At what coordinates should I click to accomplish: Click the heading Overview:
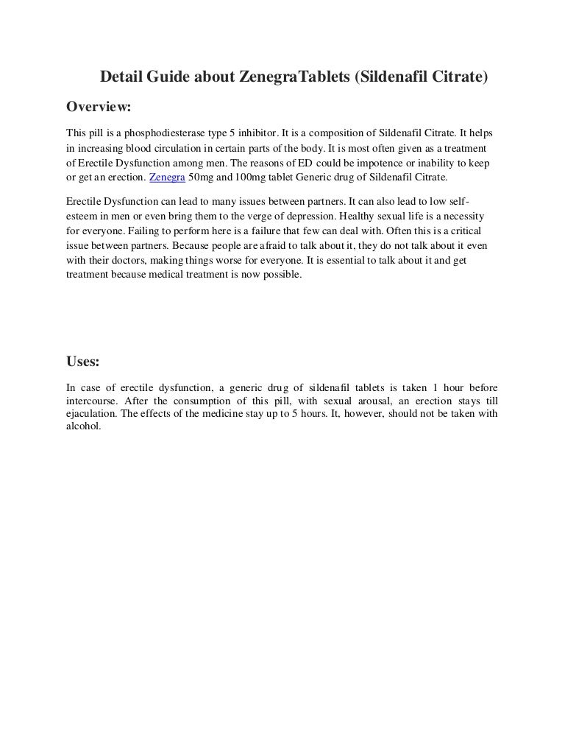tap(99, 107)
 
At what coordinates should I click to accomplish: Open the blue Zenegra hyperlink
tap(167, 178)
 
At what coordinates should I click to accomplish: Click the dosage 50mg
tap(203, 178)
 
